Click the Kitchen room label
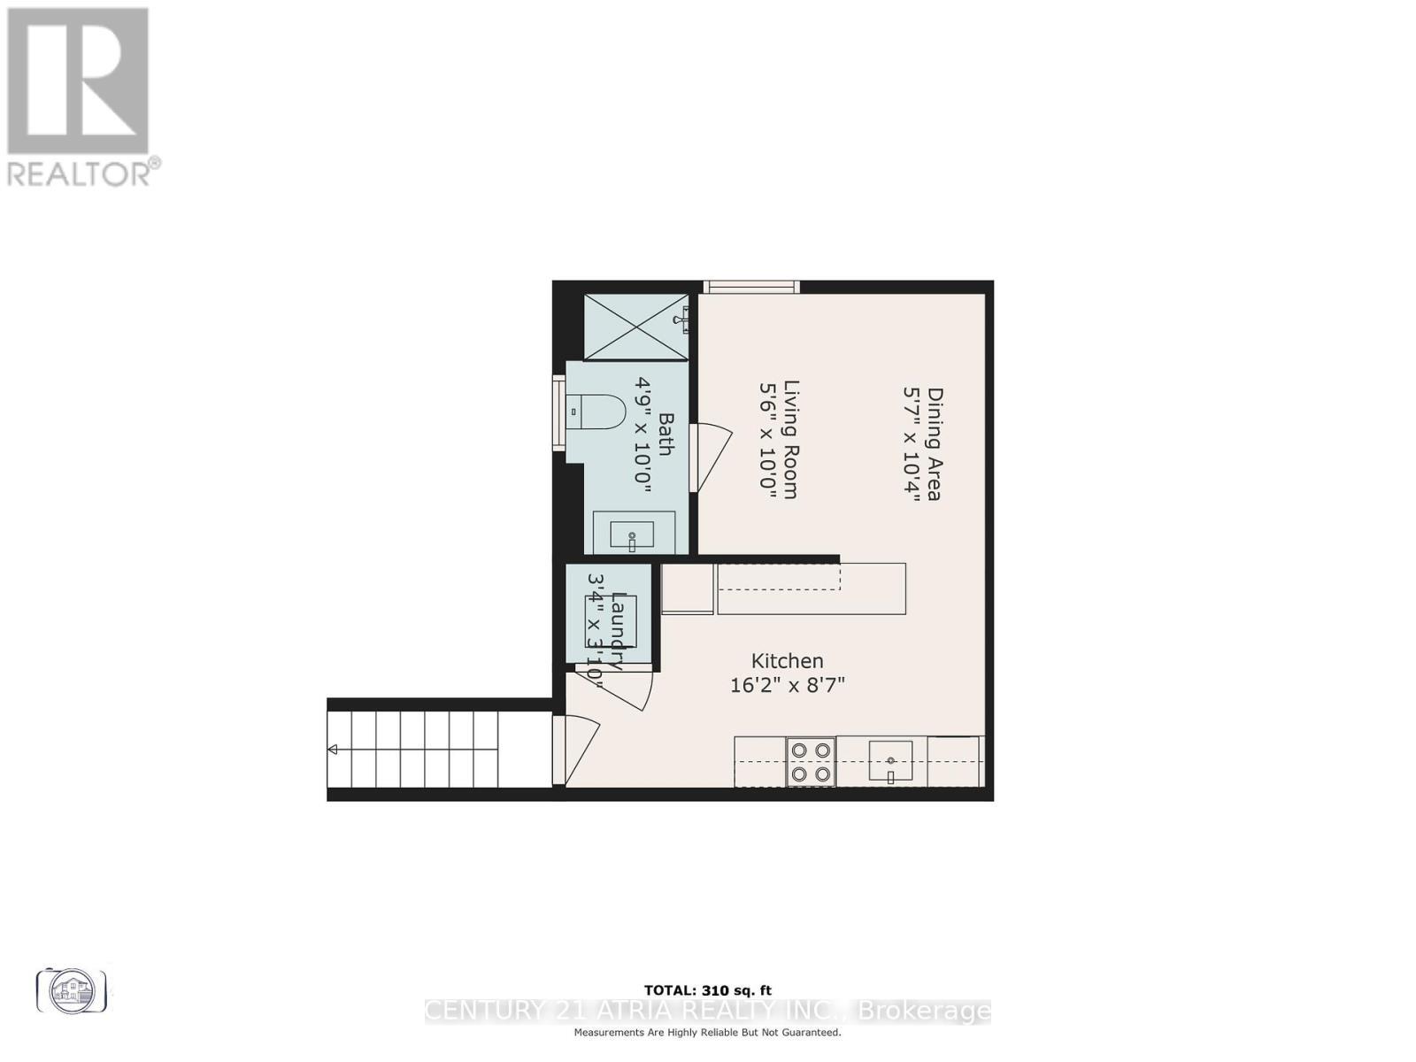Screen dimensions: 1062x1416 787,661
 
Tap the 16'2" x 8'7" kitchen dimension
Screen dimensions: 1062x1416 788,685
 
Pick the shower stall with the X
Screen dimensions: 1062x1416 636,327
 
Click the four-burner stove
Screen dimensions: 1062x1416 811,762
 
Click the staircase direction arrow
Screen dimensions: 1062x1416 333,750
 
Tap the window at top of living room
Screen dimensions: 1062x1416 751,286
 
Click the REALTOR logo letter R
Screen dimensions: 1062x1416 78,81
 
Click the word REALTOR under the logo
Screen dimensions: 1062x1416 80,173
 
